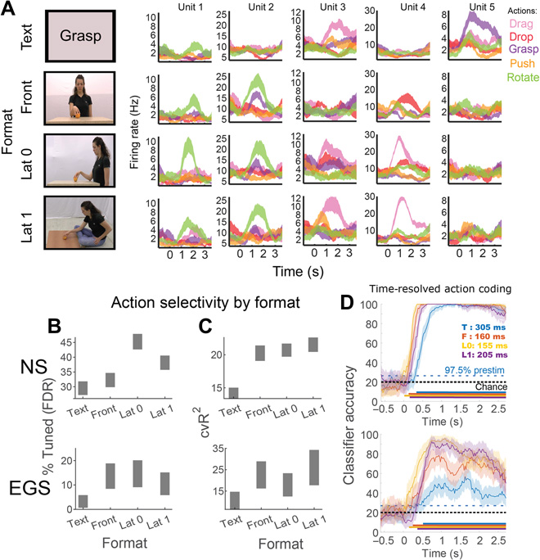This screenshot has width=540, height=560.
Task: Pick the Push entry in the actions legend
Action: click(x=516, y=64)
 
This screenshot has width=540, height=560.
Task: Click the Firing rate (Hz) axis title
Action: click(x=135, y=134)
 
